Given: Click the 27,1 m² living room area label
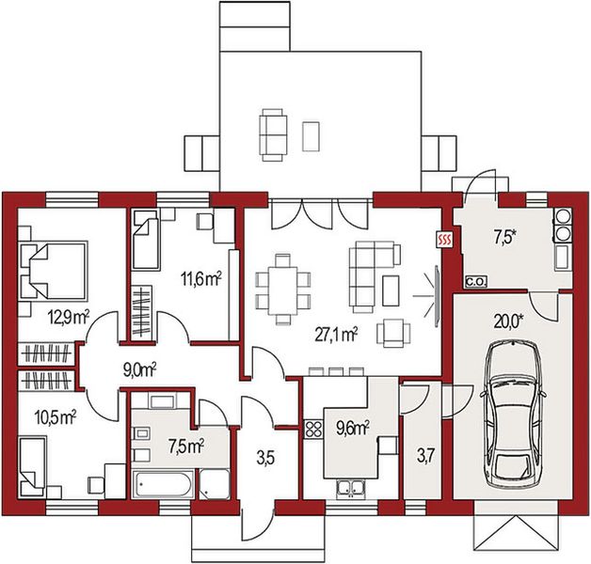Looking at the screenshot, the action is click(x=336, y=335).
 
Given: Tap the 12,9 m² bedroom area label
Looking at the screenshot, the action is click(x=68, y=318).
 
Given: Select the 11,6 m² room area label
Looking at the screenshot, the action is click(x=200, y=279).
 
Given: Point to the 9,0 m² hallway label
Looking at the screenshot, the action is click(x=139, y=369).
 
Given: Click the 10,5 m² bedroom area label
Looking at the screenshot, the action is click(x=56, y=417).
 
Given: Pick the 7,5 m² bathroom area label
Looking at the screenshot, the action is click(x=186, y=446).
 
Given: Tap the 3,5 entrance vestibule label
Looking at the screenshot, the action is click(x=266, y=459).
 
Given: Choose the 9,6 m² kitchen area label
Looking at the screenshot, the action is click(x=352, y=428).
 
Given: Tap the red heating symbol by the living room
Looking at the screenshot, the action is click(x=444, y=240).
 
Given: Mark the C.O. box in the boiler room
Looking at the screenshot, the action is click(x=476, y=281).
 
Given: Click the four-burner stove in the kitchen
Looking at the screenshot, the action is click(x=313, y=430).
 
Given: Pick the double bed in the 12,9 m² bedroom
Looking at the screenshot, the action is click(x=53, y=271).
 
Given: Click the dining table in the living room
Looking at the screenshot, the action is click(x=282, y=290).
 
